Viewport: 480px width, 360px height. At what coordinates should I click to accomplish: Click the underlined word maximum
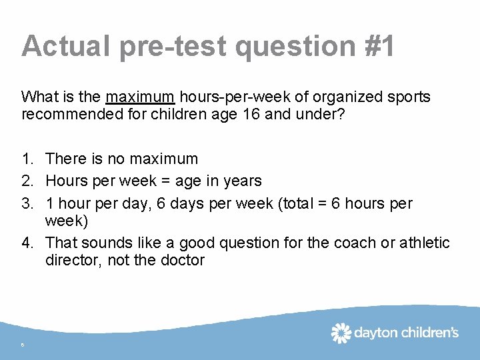point(140,97)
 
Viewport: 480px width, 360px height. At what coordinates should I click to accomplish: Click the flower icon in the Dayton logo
point(341,333)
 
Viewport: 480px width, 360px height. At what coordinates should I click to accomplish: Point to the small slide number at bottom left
point(22,345)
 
